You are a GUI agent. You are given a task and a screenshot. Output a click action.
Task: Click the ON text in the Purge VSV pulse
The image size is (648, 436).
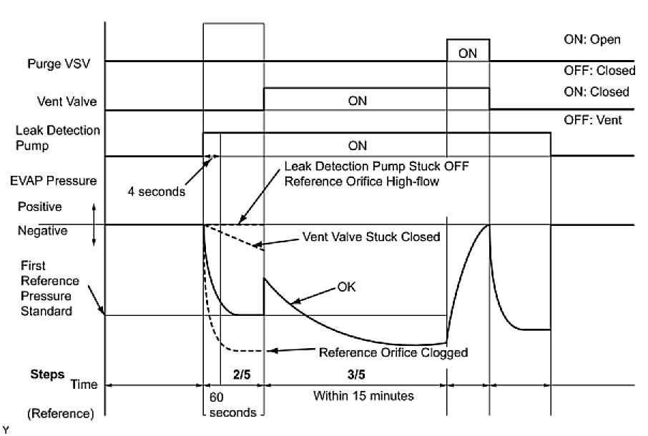click(468, 53)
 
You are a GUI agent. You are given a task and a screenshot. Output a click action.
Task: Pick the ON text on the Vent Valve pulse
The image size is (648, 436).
click(357, 101)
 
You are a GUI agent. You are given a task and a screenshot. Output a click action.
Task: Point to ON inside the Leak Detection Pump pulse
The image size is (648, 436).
click(357, 146)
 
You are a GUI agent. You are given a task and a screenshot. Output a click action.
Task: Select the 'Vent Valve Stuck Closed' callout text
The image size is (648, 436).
click(371, 237)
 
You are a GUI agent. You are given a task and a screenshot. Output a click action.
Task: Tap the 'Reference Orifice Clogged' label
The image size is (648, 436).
click(393, 352)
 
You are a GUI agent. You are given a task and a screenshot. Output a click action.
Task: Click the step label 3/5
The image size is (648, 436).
click(356, 372)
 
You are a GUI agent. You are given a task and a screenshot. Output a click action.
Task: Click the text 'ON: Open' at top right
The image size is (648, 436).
click(592, 39)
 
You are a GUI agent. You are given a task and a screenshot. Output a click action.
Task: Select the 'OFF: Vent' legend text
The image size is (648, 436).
click(592, 120)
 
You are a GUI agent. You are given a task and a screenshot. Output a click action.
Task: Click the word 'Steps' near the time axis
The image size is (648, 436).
click(46, 374)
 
